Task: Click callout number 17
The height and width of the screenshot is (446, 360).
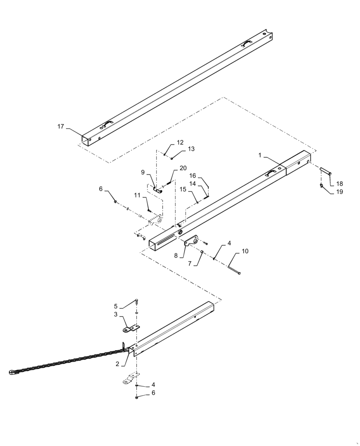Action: [x=60, y=127]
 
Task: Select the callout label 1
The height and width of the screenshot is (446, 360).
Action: [x=260, y=155]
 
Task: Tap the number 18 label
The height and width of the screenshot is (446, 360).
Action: [x=340, y=183]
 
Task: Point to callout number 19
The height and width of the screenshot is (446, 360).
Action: [x=340, y=192]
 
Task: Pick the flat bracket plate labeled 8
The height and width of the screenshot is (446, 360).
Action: [x=192, y=241]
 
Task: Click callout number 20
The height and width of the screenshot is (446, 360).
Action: [x=183, y=168]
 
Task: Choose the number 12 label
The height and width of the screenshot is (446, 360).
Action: [x=180, y=143]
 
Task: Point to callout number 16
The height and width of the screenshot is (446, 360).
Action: [x=193, y=175]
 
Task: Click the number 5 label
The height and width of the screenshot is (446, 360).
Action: [x=116, y=306]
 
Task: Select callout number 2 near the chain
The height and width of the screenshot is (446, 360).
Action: [x=117, y=364]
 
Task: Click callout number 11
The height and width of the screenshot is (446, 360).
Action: [x=137, y=195]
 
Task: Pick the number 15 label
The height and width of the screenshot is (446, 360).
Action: [x=183, y=190]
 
